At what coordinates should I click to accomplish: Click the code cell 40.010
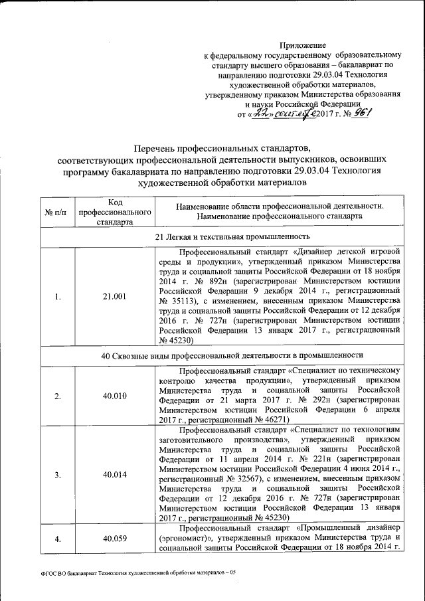pos(114,396)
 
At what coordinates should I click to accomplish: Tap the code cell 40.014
pos(114,474)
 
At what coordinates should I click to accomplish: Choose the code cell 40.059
pos(114,539)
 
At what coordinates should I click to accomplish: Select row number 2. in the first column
pos(57,396)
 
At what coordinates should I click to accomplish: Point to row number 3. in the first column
pos(57,474)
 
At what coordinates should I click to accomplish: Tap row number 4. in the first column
pos(57,539)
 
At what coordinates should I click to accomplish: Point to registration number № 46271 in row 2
pos(270,420)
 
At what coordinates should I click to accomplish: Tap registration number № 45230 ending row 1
pos(176,340)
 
